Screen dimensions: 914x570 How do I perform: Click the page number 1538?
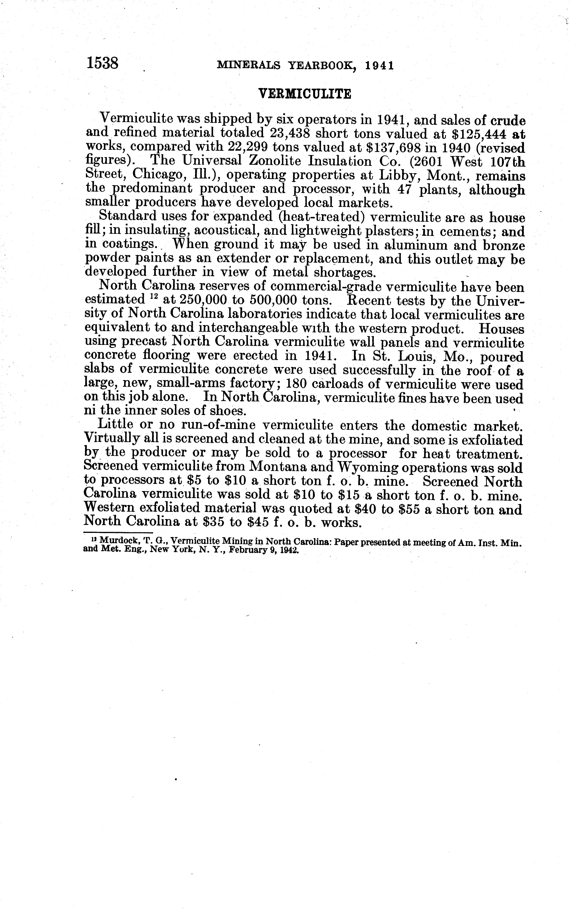click(x=103, y=63)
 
